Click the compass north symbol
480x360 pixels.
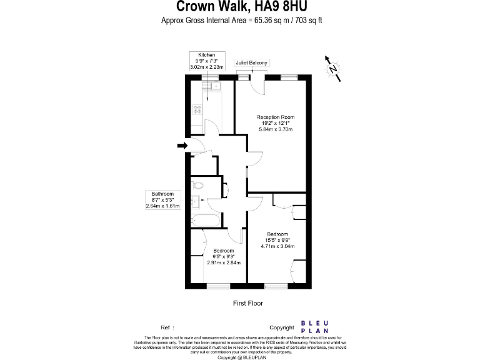click(x=333, y=67)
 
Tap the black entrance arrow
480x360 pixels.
click(x=182, y=146)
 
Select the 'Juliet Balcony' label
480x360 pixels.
click(x=252, y=63)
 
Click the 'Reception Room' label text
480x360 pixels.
click(x=276, y=117)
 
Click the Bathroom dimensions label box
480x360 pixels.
click(x=162, y=199)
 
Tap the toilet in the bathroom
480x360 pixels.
click(x=199, y=185)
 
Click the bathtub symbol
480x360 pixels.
click(x=204, y=220)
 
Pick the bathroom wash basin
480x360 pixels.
click(x=196, y=201)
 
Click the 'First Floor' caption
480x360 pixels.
click(x=247, y=303)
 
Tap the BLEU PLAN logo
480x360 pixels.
click(x=315, y=327)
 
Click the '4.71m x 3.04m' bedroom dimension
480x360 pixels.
click(x=276, y=246)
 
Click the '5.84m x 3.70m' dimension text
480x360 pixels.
click(x=276, y=129)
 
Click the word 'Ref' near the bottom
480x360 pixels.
click(x=166, y=327)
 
